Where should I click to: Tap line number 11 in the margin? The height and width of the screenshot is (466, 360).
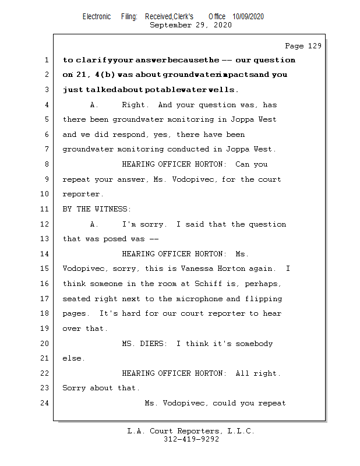click(x=46, y=209)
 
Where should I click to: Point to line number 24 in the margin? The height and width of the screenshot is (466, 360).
click(x=46, y=403)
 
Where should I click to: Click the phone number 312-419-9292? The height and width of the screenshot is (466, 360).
click(x=191, y=440)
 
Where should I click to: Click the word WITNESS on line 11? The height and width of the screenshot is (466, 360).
click(x=113, y=209)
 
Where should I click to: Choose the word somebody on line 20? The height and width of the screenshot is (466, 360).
click(x=252, y=344)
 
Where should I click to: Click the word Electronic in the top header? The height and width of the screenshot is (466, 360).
click(x=97, y=16)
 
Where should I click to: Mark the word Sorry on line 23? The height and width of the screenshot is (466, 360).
click(x=74, y=389)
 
